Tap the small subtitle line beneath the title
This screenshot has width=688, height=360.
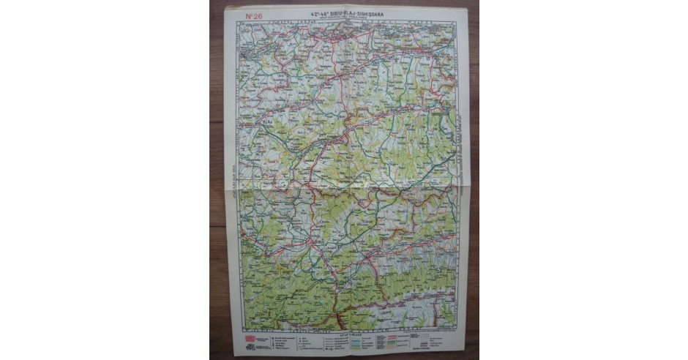click(x=343, y=18)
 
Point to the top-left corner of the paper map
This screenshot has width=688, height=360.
click(x=224, y=6)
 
